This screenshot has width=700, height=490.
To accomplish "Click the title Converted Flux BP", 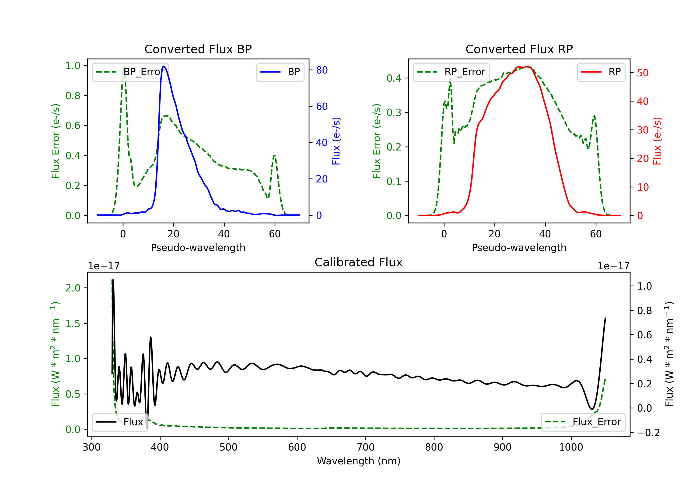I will [198, 49].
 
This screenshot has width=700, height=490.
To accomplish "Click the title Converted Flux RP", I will [519, 49].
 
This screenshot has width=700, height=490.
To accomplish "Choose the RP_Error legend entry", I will [451, 72].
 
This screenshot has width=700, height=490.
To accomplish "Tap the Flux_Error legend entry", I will [583, 422].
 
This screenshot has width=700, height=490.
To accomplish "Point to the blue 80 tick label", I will [322, 70].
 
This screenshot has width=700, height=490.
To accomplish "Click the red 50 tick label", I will [642, 73].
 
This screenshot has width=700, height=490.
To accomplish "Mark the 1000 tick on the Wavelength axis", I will [571, 447].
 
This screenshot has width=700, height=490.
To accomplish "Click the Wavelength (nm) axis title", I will [359, 461].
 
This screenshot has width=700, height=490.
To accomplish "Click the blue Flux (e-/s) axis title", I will [336, 141].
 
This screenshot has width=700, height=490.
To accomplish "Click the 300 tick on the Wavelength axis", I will [91, 447].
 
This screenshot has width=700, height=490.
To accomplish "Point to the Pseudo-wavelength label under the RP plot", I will [519, 248].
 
